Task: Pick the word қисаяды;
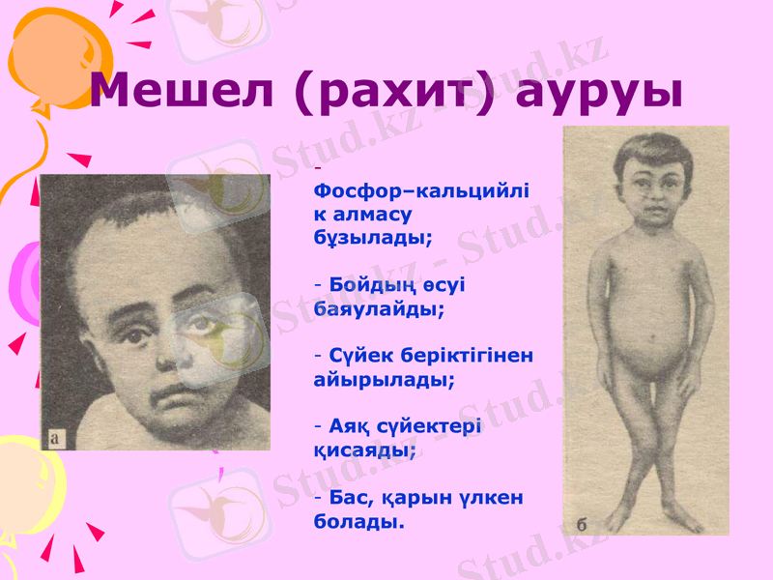pyautogui.click(x=366, y=450)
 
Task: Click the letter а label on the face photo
pyautogui.click(x=55, y=440)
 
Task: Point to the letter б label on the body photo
pyautogui.click(x=582, y=524)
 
